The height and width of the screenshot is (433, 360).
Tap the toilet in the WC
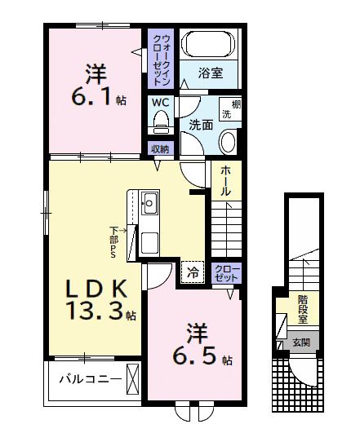159,122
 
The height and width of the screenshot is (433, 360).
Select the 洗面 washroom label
202,125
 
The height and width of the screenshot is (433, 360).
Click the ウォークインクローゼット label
159,60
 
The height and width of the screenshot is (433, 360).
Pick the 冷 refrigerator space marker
193,272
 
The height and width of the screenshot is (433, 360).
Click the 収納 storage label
160,148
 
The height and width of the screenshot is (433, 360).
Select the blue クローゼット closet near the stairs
226,272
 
